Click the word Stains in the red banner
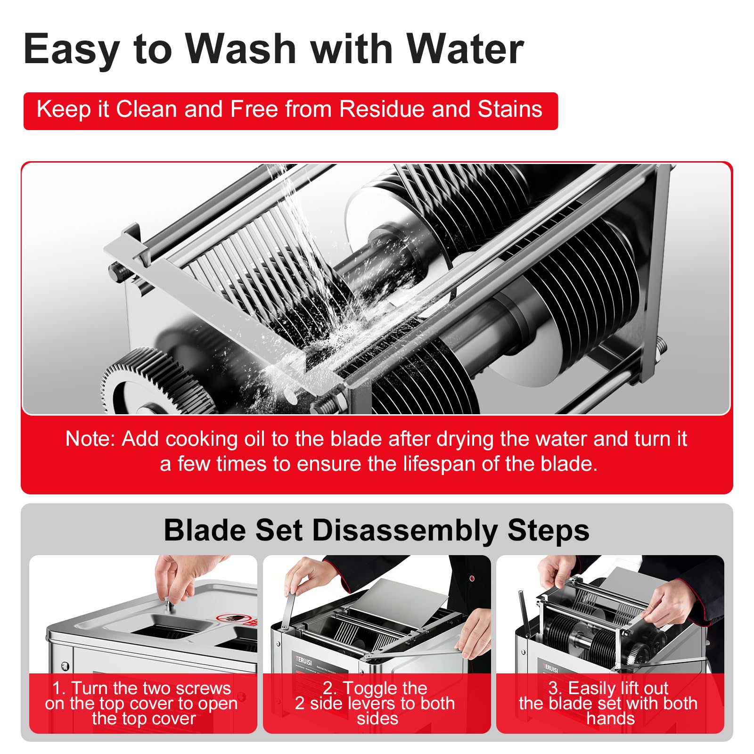coord(510,109)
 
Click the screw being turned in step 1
coord(170,606)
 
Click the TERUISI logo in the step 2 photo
coord(304,660)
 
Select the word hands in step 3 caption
coord(611,719)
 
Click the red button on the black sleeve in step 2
coord(472,578)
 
